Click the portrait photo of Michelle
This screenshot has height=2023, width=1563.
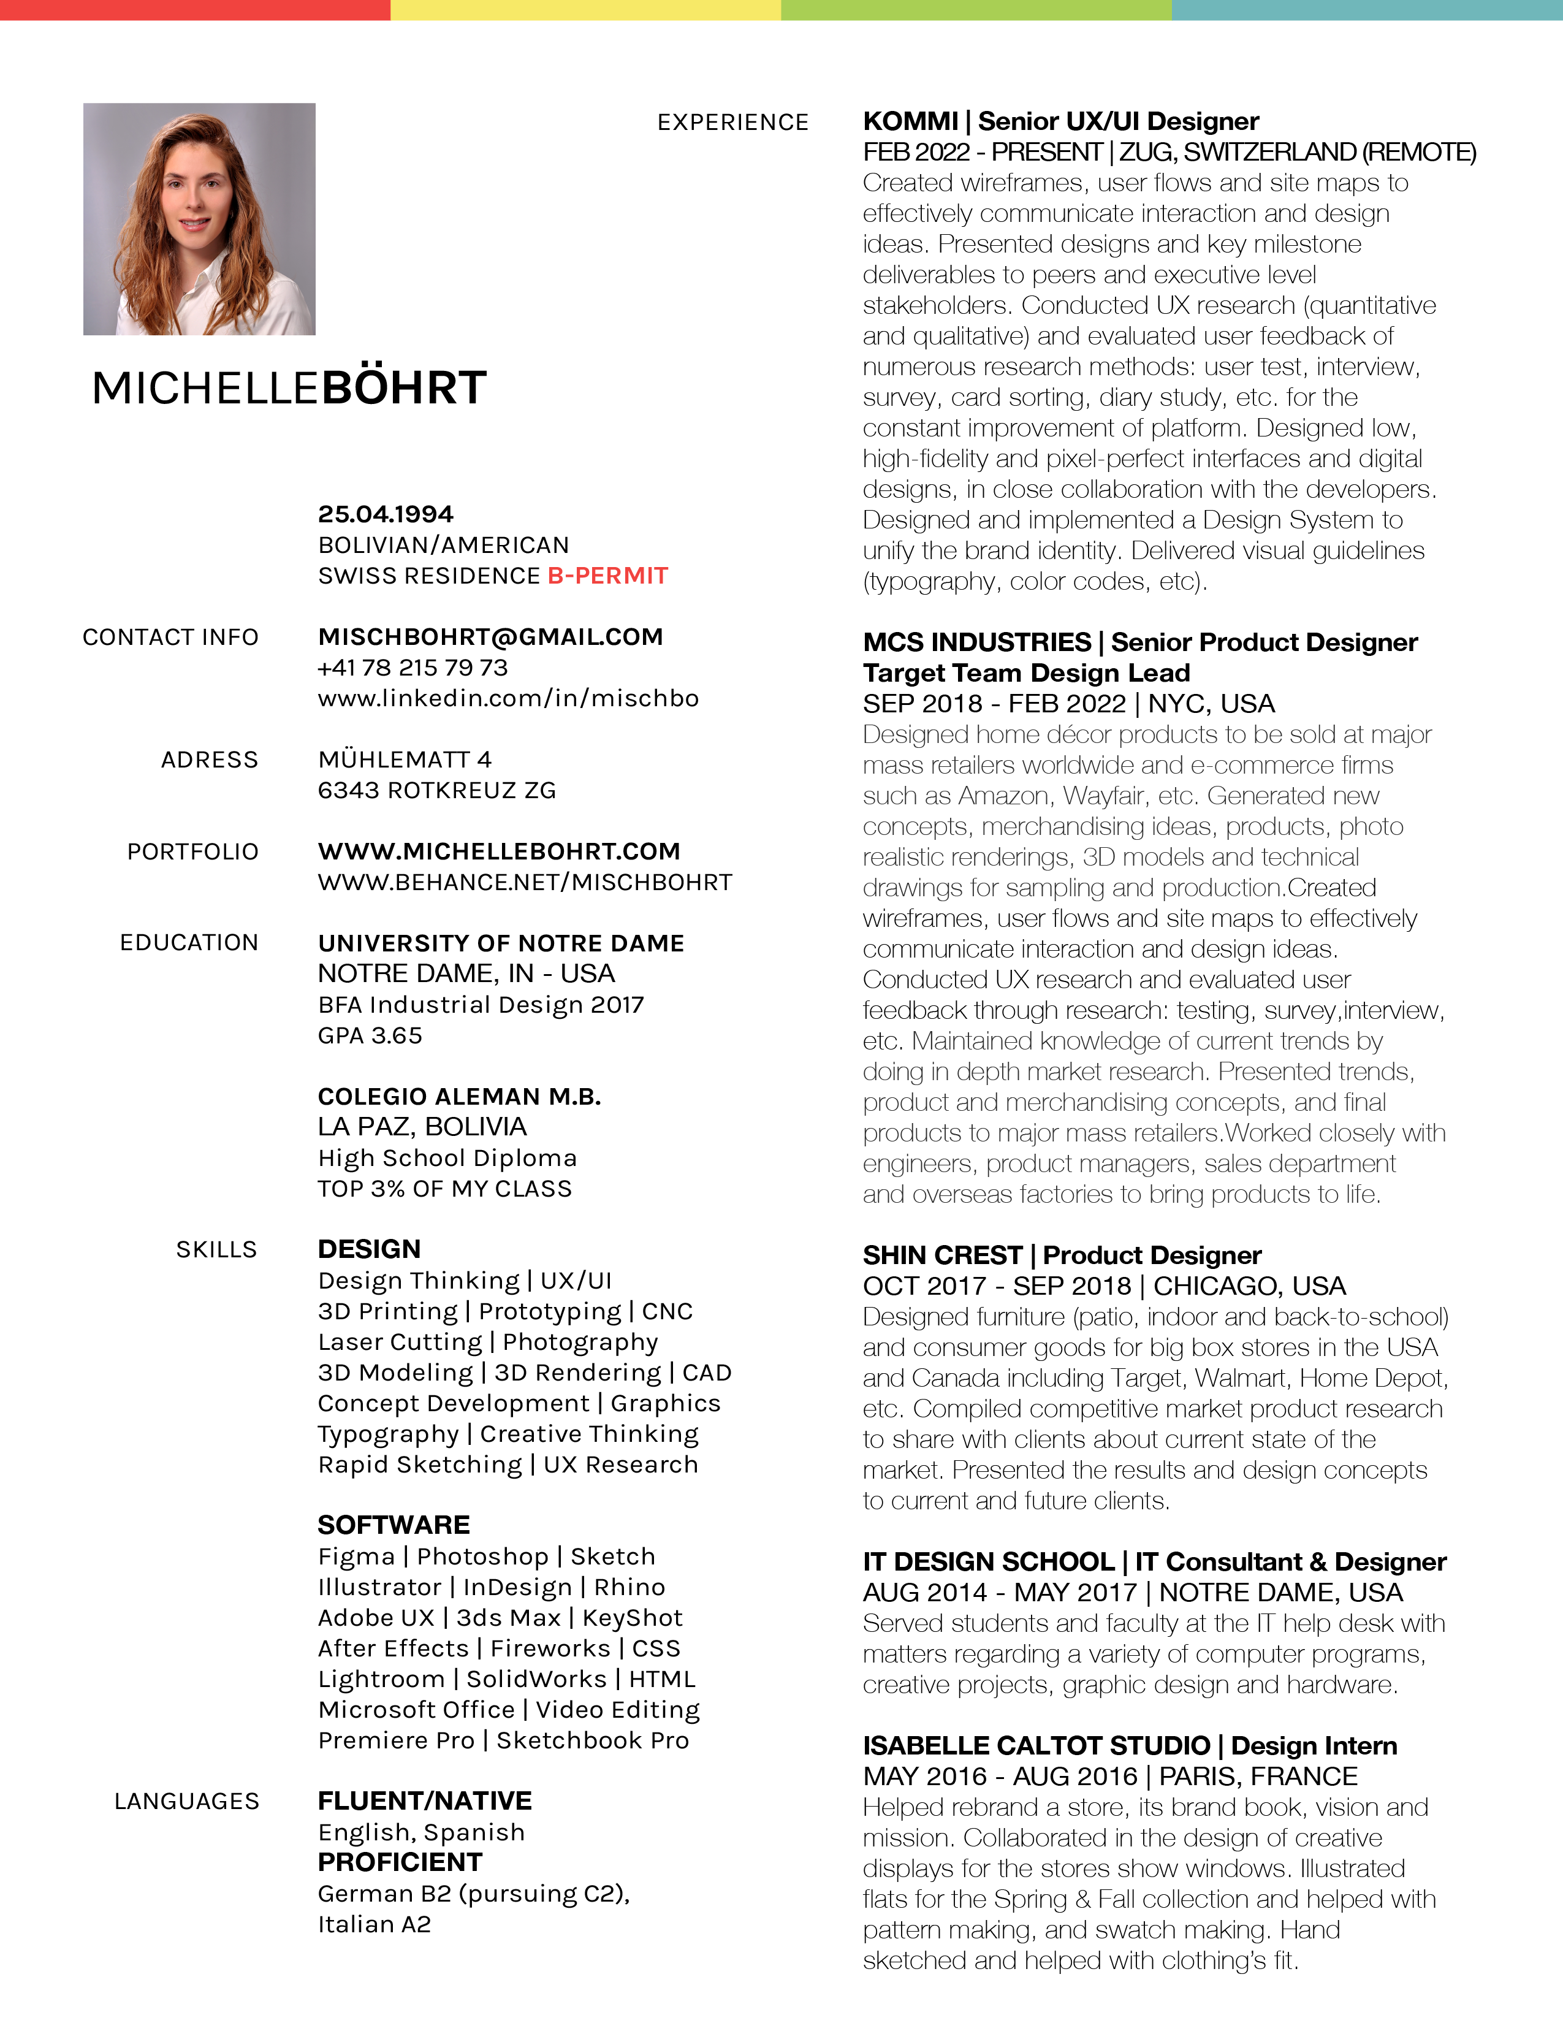point(199,219)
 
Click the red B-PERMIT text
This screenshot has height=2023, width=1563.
point(607,576)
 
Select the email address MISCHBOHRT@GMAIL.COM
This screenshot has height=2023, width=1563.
point(490,638)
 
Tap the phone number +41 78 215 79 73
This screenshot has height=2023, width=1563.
point(413,668)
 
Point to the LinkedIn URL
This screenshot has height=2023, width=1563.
point(508,698)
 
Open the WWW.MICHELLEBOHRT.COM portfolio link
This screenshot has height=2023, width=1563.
point(499,851)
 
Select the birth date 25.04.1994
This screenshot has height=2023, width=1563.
point(385,514)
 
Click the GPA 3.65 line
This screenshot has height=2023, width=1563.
point(370,1035)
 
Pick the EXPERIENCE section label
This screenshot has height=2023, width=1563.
point(732,122)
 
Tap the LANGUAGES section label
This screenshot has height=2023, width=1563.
point(186,1802)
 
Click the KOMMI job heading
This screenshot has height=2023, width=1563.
point(1060,121)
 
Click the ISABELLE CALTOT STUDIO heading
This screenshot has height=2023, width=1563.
point(1130,1745)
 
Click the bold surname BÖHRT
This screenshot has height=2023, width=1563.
point(404,387)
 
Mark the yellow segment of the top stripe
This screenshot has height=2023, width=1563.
point(585,9)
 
